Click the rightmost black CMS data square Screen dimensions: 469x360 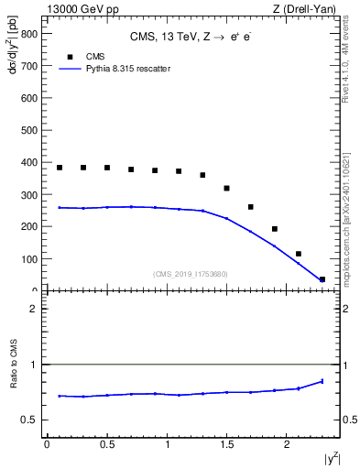click(x=322, y=279)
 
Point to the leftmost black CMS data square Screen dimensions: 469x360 click(x=60, y=168)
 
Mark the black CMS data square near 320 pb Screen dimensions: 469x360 click(x=227, y=188)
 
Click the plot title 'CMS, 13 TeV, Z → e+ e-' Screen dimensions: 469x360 click(x=192, y=37)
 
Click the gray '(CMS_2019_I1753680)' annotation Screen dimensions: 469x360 click(x=191, y=274)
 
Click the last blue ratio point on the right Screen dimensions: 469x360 click(x=322, y=381)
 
